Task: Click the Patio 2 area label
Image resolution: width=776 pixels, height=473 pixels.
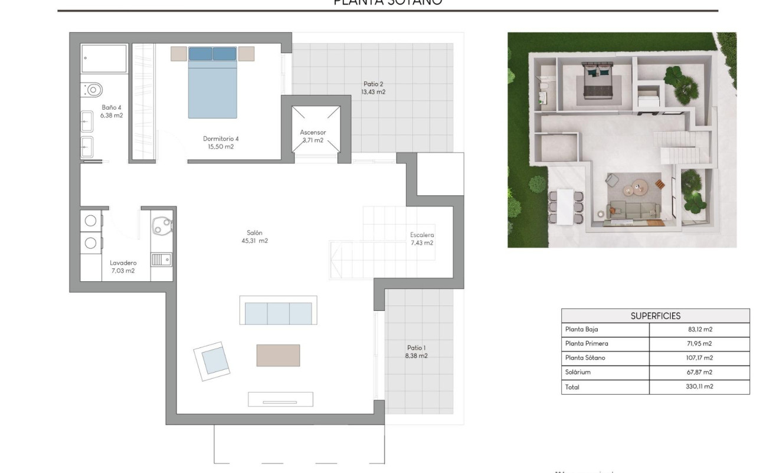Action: (374, 88)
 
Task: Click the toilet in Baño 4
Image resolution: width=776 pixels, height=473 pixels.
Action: (93, 90)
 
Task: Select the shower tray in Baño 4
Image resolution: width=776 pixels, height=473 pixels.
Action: (104, 58)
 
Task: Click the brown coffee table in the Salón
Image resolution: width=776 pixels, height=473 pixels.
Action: (278, 355)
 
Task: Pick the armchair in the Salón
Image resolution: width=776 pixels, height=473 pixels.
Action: (212, 360)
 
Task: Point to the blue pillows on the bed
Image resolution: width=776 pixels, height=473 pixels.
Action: (212, 54)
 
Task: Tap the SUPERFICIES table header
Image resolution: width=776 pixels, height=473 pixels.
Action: (655, 316)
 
